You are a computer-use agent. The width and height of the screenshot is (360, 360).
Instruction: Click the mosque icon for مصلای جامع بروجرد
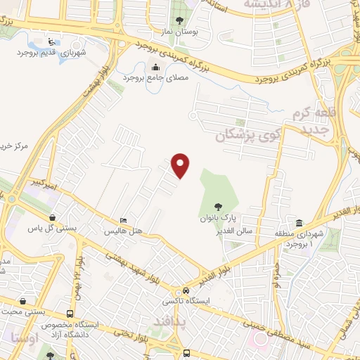pos(155,67)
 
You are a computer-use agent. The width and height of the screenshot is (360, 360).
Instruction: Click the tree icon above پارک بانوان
pos(218,207)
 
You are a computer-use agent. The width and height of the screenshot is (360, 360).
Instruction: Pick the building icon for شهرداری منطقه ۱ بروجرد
pos(300,222)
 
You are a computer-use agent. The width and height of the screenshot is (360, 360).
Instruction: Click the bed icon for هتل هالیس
pos(124,221)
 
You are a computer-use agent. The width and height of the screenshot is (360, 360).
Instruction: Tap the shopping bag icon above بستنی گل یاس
pos(55,217)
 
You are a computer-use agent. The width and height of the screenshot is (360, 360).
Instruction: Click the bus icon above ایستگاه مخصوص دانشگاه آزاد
pos(69,314)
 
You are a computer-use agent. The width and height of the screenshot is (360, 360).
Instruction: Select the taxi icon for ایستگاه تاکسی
pos(185,291)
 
